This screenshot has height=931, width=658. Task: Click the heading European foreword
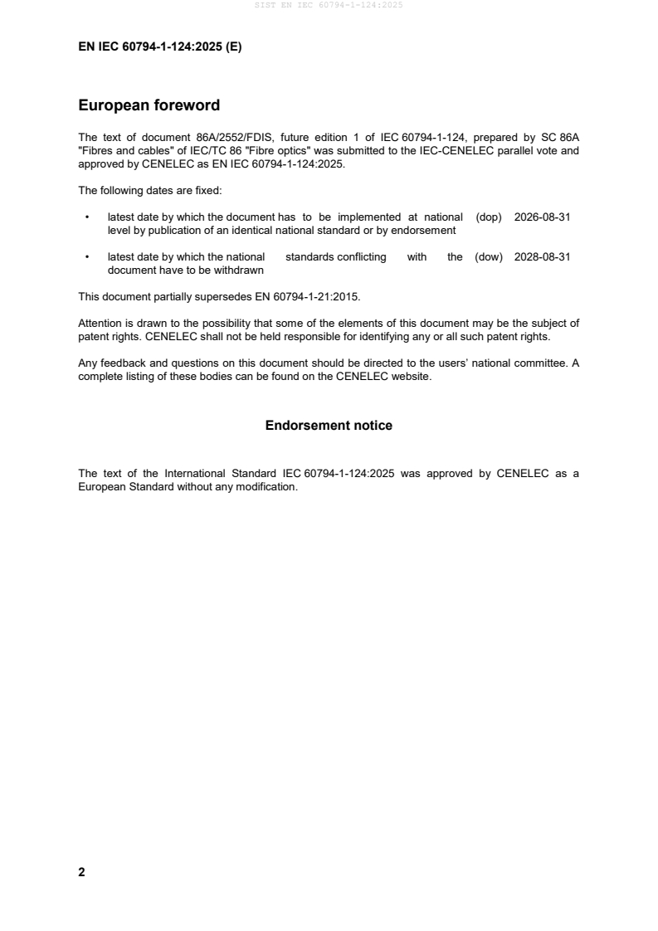pyautogui.click(x=149, y=105)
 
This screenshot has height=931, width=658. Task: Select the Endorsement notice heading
pyautogui.click(x=329, y=426)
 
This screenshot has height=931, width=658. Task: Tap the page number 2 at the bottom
pyautogui.click(x=81, y=872)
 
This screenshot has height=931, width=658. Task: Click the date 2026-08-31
pyautogui.click(x=542, y=217)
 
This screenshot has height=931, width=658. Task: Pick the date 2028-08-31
pyautogui.click(x=542, y=257)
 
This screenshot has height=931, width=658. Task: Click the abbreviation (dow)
pyautogui.click(x=489, y=257)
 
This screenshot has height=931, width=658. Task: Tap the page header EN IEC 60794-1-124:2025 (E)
pyautogui.click(x=159, y=47)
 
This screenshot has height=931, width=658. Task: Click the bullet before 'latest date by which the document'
pyautogui.click(x=87, y=217)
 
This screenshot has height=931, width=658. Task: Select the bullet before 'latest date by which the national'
pyautogui.click(x=87, y=258)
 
